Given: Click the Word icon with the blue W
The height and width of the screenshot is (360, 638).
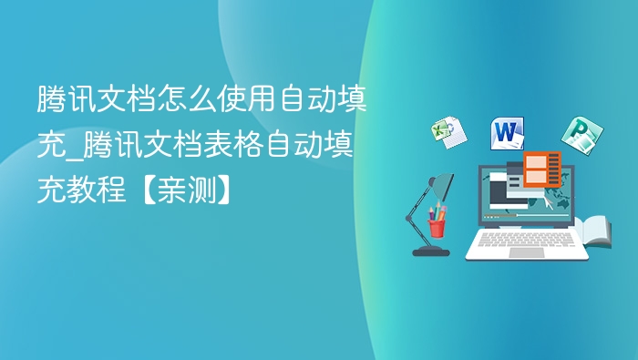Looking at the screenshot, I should [x=508, y=133].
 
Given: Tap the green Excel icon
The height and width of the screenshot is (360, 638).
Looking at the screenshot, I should [x=447, y=132].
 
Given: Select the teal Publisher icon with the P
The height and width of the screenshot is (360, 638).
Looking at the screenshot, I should [x=577, y=135].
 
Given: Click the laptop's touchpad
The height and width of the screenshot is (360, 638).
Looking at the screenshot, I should [x=527, y=252].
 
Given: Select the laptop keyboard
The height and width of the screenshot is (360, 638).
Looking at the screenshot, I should [x=527, y=240].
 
